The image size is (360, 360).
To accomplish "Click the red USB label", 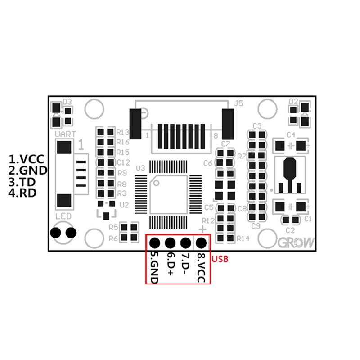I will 220,259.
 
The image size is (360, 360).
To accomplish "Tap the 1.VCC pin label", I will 27,159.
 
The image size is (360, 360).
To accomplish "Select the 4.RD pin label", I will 23,193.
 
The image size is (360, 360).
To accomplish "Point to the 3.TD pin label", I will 23,182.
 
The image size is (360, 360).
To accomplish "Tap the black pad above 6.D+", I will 170,243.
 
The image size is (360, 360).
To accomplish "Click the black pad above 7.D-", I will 185,243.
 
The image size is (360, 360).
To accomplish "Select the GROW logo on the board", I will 297,243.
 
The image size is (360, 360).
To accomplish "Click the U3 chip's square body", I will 169,194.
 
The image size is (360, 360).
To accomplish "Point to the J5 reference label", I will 239,103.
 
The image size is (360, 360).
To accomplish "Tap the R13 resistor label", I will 123,132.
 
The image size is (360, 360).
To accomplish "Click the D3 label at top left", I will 67,102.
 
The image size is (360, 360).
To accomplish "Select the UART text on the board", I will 65,134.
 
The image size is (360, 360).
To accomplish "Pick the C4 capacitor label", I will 291,135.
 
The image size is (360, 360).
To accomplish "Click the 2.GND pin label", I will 28,171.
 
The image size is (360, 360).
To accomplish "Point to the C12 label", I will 123,162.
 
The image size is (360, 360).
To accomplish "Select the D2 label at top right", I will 293,101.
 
